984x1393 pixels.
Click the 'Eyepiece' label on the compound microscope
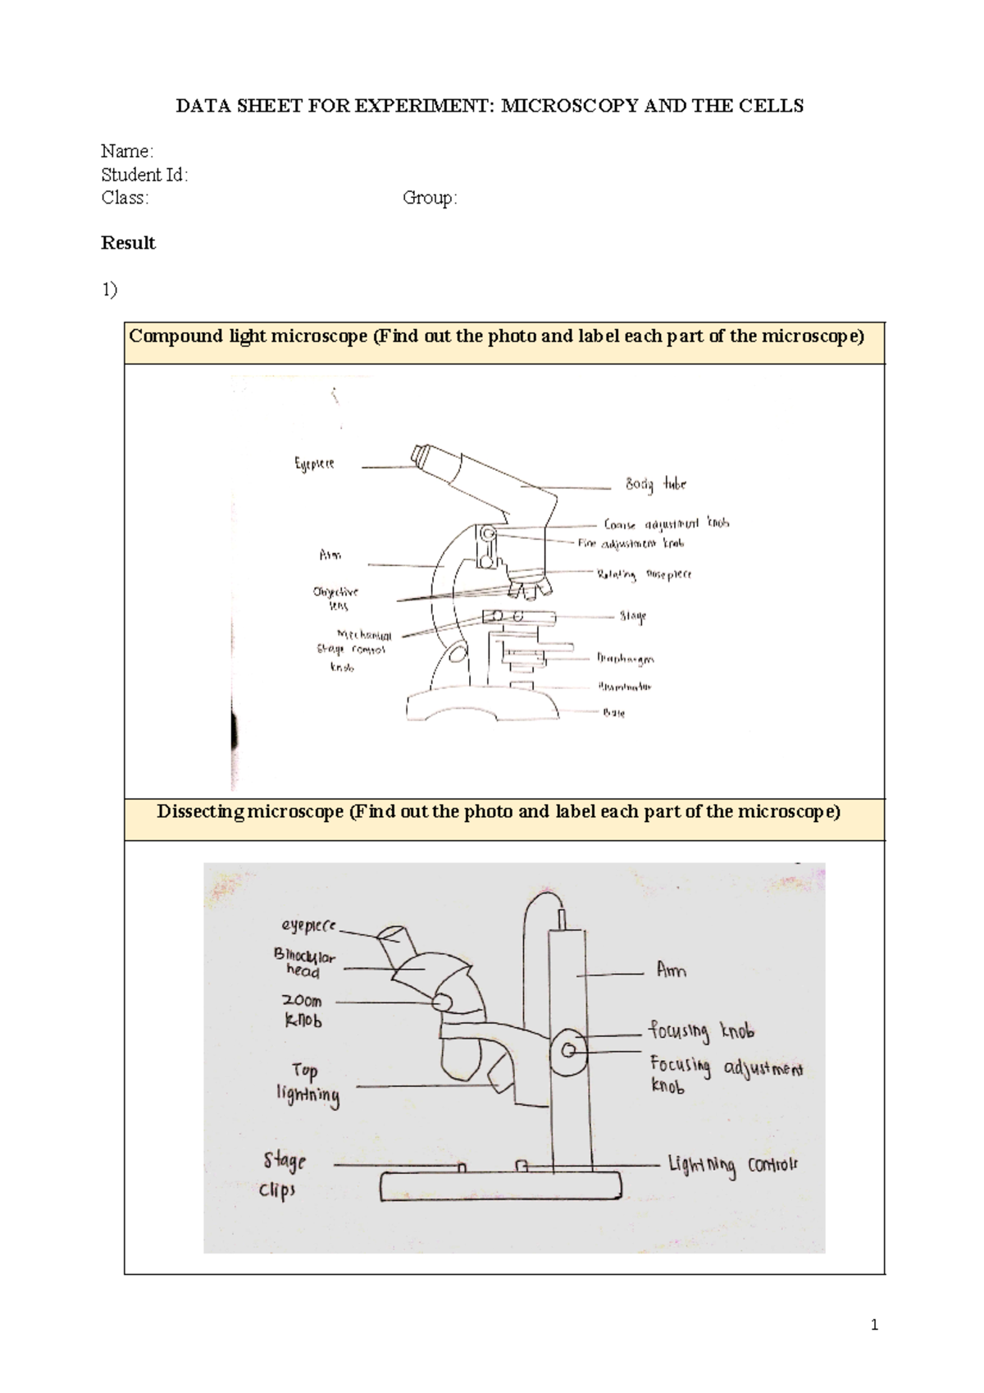(314, 464)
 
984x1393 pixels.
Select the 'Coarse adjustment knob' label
(666, 523)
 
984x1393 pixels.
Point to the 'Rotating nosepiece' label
(644, 574)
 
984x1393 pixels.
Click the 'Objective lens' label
(335, 598)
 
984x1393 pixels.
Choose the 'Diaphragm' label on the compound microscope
(625, 658)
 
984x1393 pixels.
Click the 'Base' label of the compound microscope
(614, 713)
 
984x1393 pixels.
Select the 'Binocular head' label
(304, 963)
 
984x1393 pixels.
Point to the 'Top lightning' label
(307, 1084)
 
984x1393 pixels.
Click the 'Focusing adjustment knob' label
(725, 1075)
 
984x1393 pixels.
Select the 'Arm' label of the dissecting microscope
(671, 971)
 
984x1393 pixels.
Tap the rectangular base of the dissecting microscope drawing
(500, 1187)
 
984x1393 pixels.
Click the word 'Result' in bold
(128, 243)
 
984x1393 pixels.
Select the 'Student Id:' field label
(144, 175)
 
